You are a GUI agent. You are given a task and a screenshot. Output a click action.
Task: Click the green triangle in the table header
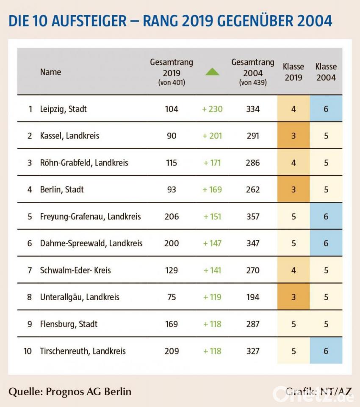pyautogui.click(x=212, y=72)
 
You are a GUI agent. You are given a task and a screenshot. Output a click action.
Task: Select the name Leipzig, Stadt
pyautogui.click(x=63, y=109)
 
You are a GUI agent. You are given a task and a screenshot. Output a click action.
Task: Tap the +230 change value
pyautogui.click(x=212, y=109)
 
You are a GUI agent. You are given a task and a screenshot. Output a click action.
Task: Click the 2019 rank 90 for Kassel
pyautogui.click(x=172, y=136)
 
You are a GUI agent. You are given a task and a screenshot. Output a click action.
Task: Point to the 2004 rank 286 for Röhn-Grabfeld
pyautogui.click(x=253, y=163)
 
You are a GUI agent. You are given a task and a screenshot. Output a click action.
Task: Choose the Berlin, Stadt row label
pyautogui.click(x=62, y=190)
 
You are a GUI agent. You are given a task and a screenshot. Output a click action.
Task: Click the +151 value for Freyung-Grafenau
pyautogui.click(x=212, y=216)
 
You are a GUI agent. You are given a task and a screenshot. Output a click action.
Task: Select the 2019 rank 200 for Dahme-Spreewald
pyautogui.click(x=172, y=243)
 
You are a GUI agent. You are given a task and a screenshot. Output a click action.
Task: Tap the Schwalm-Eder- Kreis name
pyautogui.click(x=75, y=270)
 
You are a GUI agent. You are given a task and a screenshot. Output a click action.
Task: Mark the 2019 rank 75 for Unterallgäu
pyautogui.click(x=172, y=297)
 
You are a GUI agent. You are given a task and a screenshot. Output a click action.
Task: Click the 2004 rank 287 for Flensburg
pyautogui.click(x=253, y=324)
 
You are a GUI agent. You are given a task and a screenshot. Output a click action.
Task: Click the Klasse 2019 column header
pyautogui.click(x=294, y=72)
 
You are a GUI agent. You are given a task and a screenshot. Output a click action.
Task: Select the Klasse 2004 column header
pyautogui.click(x=326, y=72)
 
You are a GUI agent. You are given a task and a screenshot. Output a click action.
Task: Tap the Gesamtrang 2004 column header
pyautogui.click(x=253, y=72)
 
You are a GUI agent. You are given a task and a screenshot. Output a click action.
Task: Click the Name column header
pyautogui.click(x=50, y=72)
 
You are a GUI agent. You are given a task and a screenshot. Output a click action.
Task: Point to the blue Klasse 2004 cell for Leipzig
pyautogui.click(x=326, y=109)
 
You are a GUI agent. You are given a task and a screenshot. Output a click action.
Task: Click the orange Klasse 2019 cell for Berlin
pyautogui.click(x=294, y=190)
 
